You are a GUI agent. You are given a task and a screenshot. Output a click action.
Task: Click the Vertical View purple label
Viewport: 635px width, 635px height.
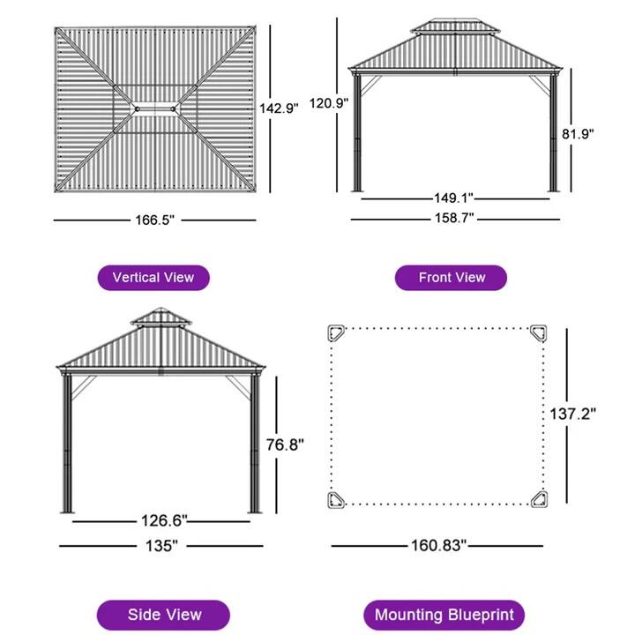(153, 277)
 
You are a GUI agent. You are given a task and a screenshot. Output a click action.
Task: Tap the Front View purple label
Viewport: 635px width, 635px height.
(452, 277)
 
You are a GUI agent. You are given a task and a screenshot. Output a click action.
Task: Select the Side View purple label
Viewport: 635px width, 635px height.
(164, 614)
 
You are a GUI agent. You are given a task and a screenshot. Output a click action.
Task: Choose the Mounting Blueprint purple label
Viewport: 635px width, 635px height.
(444, 614)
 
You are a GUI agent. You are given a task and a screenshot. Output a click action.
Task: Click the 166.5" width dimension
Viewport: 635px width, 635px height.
(155, 220)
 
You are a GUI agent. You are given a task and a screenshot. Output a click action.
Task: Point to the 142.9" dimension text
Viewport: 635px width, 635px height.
(279, 108)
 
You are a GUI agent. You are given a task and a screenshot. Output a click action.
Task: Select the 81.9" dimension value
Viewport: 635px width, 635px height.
(578, 134)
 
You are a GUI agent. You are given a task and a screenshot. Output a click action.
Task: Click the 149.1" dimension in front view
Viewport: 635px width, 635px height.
(455, 199)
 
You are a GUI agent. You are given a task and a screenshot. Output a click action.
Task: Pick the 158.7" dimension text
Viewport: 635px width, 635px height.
(455, 219)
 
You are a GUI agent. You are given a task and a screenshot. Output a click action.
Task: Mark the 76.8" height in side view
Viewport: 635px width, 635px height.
(285, 445)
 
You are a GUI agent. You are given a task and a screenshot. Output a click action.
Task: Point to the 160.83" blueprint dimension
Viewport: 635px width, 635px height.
(438, 545)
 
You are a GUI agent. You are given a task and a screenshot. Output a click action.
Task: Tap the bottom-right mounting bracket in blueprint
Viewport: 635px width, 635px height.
(538, 499)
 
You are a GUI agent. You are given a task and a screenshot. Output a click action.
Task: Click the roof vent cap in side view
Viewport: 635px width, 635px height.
(161, 317)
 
